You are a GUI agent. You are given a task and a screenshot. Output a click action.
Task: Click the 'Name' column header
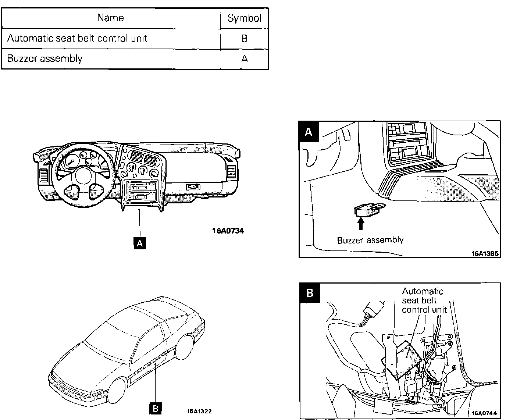coord(110,18)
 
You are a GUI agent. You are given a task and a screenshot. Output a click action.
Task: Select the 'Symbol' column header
coord(244,18)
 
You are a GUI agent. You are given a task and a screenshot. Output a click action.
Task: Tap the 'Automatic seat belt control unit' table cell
coord(77,38)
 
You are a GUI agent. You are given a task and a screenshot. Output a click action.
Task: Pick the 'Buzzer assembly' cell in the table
coord(45,58)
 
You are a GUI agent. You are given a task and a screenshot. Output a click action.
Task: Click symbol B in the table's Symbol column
coord(245,39)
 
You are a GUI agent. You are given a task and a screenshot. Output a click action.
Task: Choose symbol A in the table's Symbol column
coord(245,59)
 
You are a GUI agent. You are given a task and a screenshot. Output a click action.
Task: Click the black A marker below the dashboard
coord(140,243)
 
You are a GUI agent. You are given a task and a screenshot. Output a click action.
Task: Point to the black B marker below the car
coord(156,408)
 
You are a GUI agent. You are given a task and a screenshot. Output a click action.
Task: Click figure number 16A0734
coord(228,231)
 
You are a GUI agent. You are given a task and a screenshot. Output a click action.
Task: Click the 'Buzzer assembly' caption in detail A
coord(370,241)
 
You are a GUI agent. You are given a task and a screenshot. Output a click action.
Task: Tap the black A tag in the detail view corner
coord(309,131)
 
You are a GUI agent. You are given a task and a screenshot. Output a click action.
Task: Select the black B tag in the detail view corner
coord(310,293)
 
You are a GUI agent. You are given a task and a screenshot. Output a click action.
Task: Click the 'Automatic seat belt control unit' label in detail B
coord(424,300)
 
